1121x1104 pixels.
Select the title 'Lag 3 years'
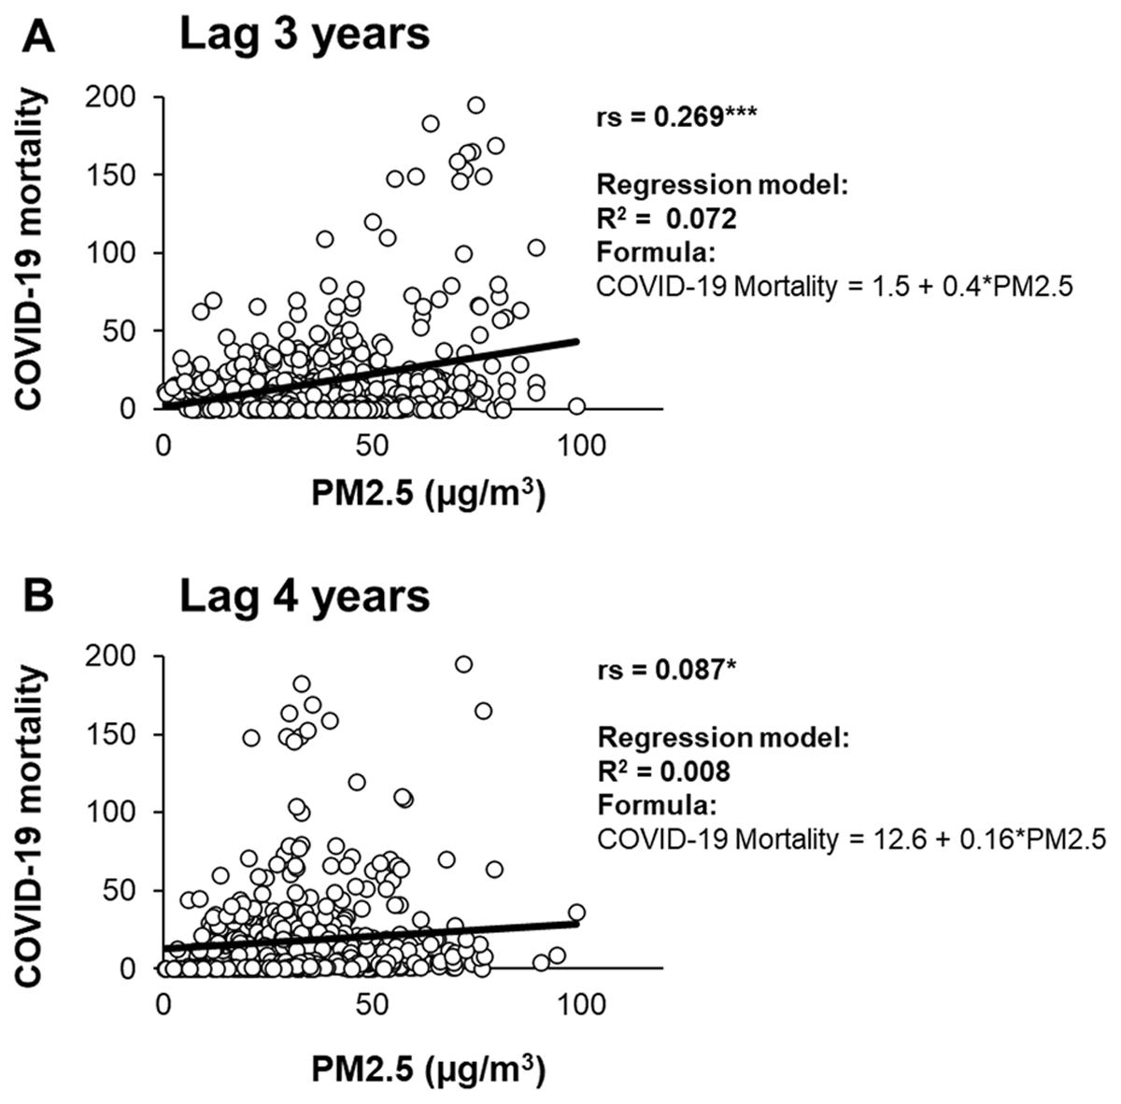305,35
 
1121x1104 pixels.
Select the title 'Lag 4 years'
305,594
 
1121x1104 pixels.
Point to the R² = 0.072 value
667,219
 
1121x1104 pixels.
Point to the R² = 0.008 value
664,771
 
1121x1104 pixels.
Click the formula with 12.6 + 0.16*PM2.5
851,840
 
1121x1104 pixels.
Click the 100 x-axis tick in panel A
579,446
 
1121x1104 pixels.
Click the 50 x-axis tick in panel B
371,1005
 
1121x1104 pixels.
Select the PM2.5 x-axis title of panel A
429,494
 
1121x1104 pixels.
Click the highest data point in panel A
475,106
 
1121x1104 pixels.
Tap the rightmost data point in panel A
576,406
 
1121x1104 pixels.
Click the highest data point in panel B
463,664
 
